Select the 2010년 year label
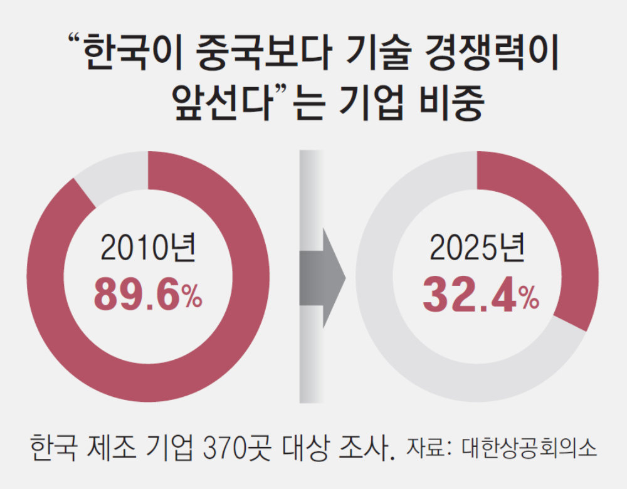148,249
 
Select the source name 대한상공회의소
530,450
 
